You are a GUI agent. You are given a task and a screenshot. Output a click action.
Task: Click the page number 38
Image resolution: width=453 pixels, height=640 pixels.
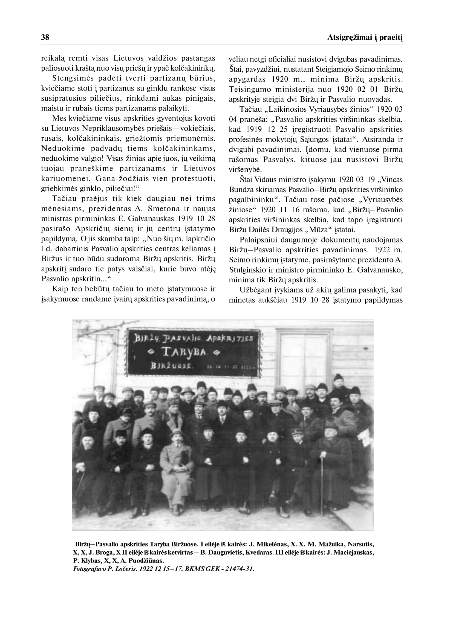pyautogui.click(x=45, y=37)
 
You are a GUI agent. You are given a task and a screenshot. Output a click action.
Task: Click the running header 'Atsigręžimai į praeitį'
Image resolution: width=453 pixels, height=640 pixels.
pyautogui.click(x=365, y=38)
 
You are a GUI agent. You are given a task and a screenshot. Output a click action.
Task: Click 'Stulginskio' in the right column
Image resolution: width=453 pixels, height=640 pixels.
pyautogui.click(x=247, y=270)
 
